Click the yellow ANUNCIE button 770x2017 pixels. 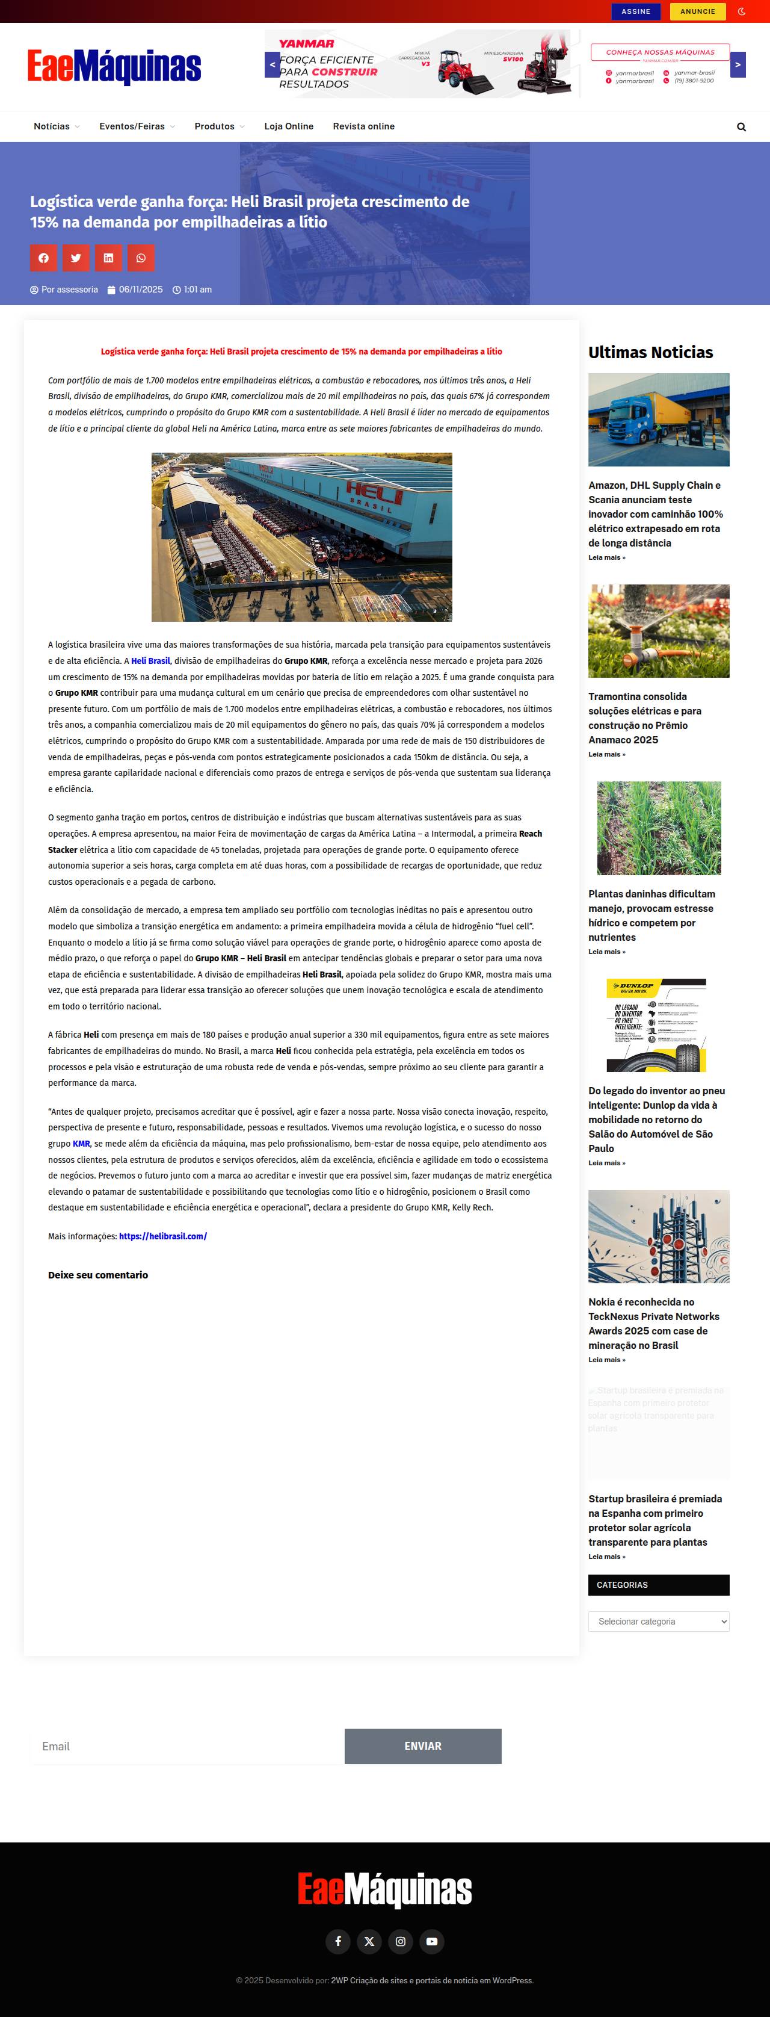[697, 12]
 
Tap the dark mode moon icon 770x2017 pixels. [742, 12]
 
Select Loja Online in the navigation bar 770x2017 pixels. [289, 126]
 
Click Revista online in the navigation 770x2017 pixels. [363, 126]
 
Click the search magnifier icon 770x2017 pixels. [741, 127]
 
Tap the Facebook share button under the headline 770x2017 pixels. [44, 258]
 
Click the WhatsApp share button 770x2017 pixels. [141, 258]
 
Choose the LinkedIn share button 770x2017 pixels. [108, 258]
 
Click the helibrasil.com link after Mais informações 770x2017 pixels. [163, 1236]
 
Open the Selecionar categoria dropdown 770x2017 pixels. [658, 1621]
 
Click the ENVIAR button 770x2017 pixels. [422, 1746]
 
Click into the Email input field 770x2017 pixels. [186, 1746]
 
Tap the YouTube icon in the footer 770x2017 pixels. [431, 1941]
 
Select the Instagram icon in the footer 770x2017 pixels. [400, 1941]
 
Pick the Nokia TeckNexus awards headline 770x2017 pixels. [653, 1323]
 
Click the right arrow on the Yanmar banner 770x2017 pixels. [737, 65]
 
